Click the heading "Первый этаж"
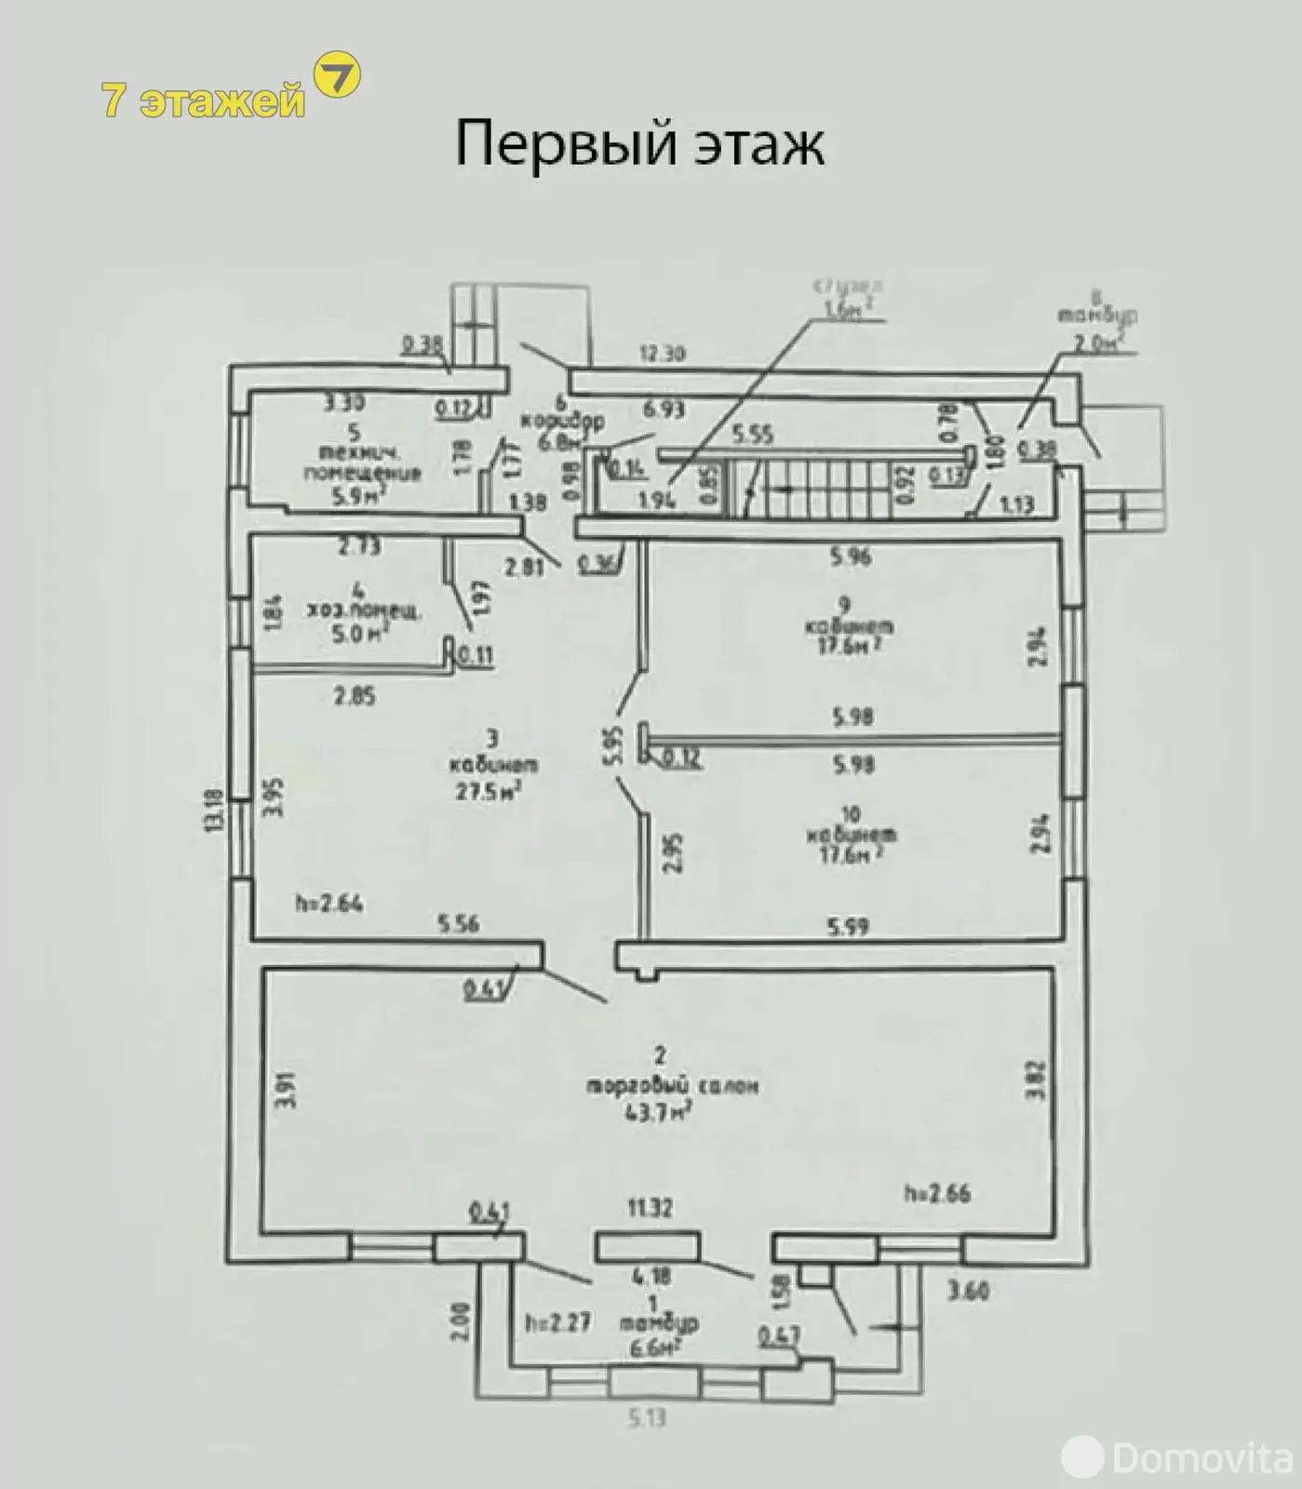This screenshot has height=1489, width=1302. coord(639,144)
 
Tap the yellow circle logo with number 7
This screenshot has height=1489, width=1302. coord(337,75)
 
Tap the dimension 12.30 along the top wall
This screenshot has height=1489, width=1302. coord(662,354)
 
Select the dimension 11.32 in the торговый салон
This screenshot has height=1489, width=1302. coord(650,1207)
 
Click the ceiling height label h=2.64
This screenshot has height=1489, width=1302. coord(329,903)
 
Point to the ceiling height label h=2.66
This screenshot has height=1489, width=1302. coord(936,1192)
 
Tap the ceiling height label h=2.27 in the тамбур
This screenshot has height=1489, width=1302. coord(557,1321)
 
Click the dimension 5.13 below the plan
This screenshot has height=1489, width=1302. coord(647,1417)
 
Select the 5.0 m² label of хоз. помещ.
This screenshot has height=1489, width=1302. coord(359,635)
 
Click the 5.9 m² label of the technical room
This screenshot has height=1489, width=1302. coord(359,496)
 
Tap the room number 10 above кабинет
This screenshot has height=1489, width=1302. coord(849,814)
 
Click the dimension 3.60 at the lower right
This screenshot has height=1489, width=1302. coord(967,1291)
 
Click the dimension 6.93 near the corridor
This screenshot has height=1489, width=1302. coord(663,408)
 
